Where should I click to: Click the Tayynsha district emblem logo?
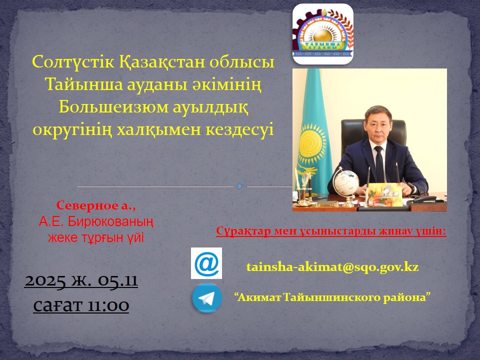(322, 34)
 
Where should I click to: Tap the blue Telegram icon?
(207, 298)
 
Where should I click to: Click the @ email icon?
(206, 263)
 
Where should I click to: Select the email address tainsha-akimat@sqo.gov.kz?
(332, 267)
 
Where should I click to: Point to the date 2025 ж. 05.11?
(81, 281)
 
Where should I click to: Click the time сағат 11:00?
(81, 304)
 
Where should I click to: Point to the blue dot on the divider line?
(239, 186)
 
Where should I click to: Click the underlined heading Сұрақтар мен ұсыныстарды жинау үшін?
(331, 231)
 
